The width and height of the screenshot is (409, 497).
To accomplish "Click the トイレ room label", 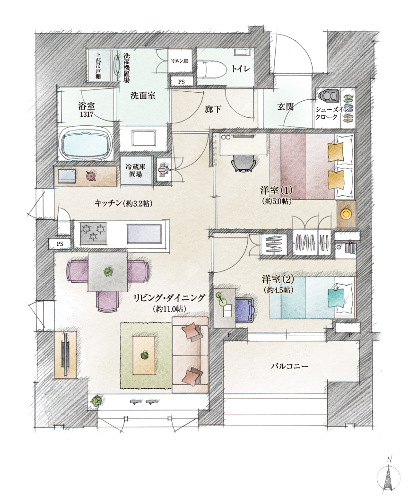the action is [x=241, y=69].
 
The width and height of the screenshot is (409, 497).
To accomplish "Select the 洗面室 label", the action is [x=143, y=96].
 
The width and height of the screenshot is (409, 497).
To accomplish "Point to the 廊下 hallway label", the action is [x=213, y=110].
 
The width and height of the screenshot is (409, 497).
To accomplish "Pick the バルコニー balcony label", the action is [x=289, y=366].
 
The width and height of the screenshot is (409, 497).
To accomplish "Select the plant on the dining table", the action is [x=108, y=271].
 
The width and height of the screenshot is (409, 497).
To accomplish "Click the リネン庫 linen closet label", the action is [x=180, y=61].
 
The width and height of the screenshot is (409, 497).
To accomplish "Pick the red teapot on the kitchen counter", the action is [x=90, y=175].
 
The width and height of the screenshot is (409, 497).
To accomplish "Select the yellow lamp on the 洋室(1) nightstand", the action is [x=346, y=214].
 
